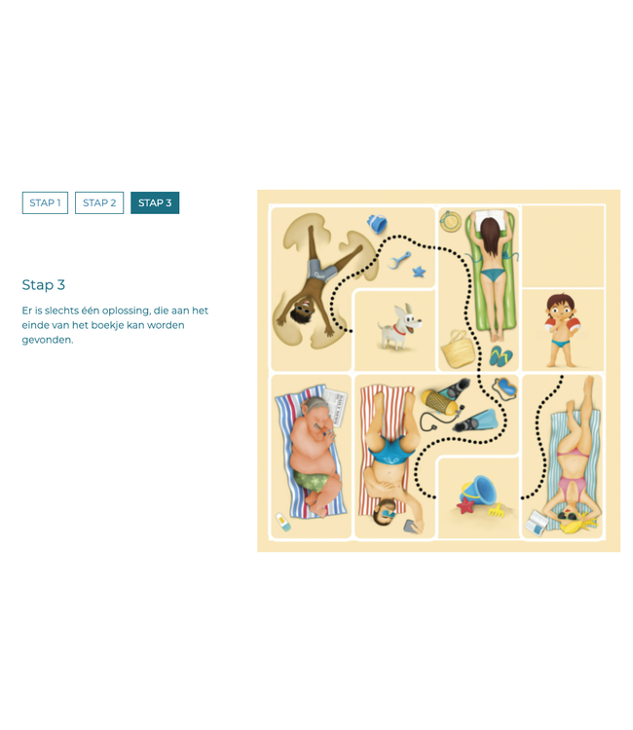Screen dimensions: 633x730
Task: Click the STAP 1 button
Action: (x=45, y=203)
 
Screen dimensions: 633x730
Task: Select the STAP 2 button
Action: (x=99, y=203)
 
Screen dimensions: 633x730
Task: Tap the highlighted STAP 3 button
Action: (x=155, y=203)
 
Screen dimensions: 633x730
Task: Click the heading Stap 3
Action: (x=43, y=285)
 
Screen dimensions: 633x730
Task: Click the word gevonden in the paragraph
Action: (x=48, y=340)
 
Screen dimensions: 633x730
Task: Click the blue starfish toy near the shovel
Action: (x=419, y=271)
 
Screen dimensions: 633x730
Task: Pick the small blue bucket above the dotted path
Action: (x=377, y=224)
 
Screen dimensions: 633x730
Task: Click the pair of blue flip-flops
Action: (x=501, y=356)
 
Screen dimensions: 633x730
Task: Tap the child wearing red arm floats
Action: (x=562, y=330)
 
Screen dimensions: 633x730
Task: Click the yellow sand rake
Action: (x=497, y=509)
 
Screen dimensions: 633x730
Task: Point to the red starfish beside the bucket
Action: (x=465, y=505)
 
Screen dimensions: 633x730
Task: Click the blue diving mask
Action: (x=505, y=387)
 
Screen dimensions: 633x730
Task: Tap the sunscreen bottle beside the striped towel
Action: (x=283, y=522)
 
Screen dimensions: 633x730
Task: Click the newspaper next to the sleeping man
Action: (x=335, y=408)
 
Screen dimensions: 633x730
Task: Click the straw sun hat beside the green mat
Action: (x=450, y=221)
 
